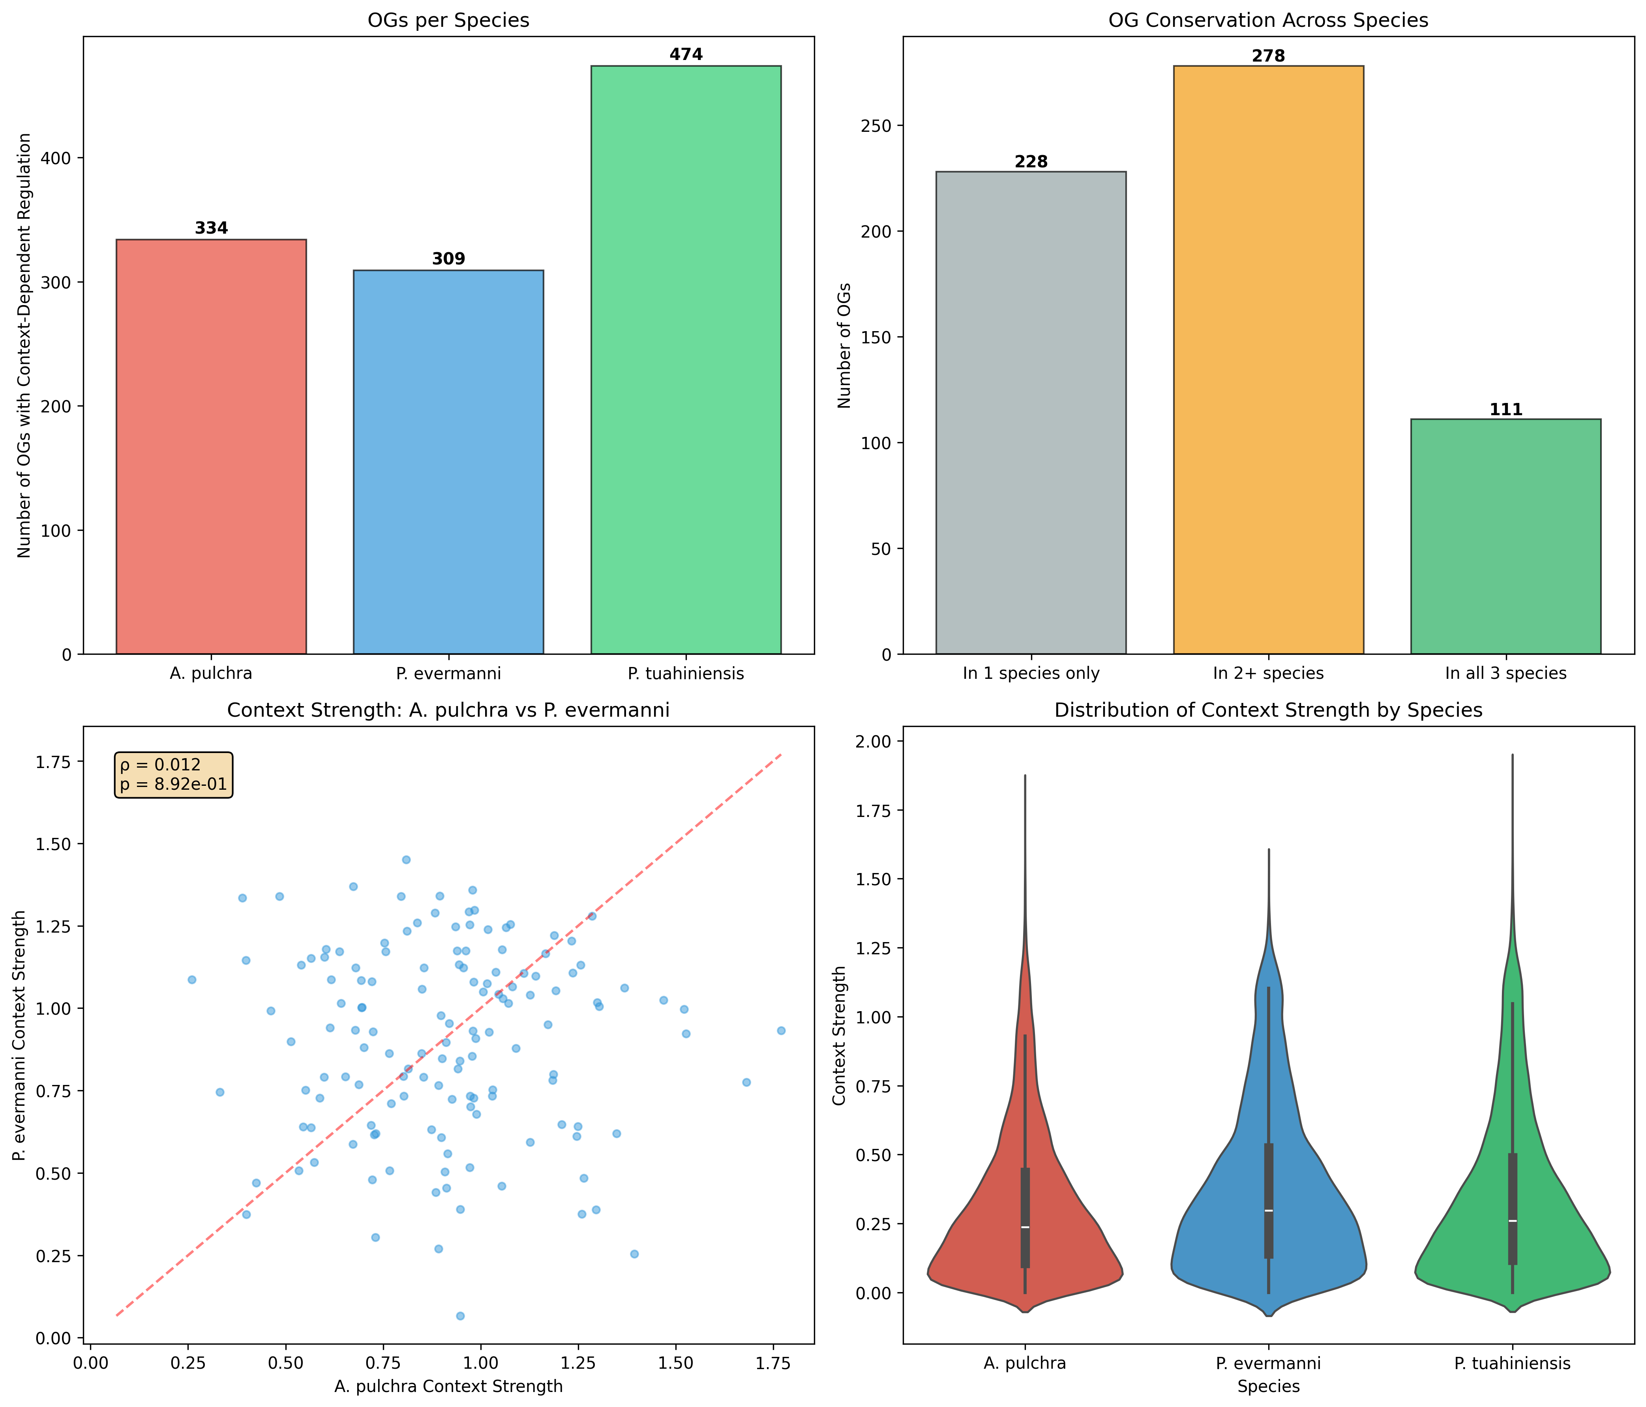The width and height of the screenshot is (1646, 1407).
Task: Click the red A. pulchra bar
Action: tap(211, 446)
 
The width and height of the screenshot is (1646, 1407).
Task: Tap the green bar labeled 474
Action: tap(686, 359)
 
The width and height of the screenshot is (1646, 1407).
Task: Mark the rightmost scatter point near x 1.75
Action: tap(781, 1030)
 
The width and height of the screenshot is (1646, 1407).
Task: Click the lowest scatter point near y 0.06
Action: tap(460, 1316)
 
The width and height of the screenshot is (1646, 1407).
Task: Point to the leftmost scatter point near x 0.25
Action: tap(191, 980)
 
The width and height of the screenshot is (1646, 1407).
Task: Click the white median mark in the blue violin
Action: tap(1269, 1211)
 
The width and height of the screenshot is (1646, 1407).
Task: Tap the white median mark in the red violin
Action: tap(1025, 1227)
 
